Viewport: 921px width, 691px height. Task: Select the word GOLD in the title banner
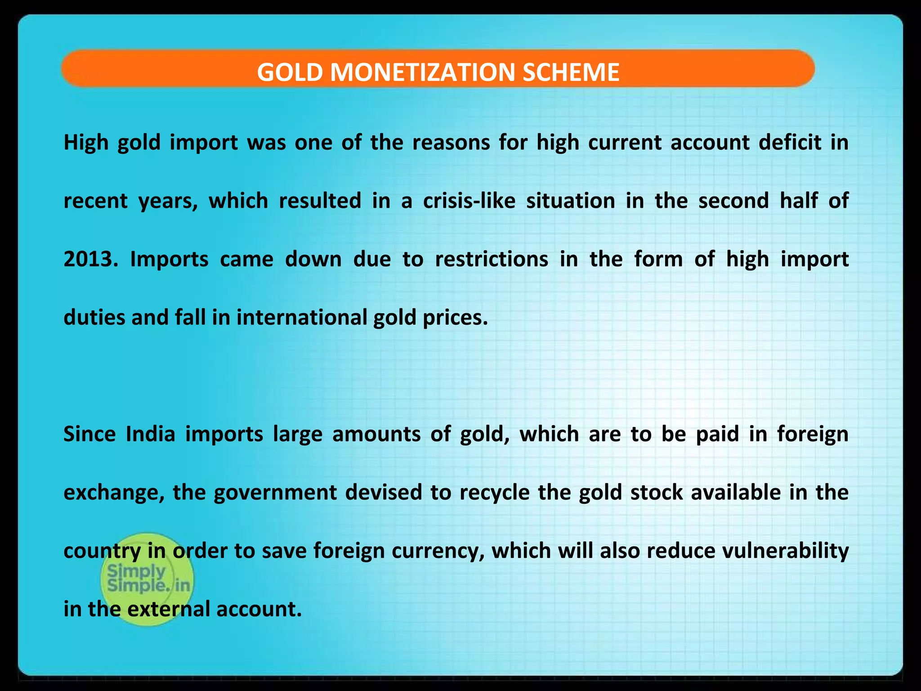(x=290, y=72)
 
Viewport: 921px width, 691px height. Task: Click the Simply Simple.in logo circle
(x=147, y=579)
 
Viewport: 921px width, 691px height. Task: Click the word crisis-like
(x=469, y=201)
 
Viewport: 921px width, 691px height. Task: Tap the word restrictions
(x=492, y=259)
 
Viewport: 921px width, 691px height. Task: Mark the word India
(x=150, y=434)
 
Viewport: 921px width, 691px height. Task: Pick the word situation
(x=571, y=201)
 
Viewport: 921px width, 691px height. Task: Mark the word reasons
(x=451, y=143)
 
